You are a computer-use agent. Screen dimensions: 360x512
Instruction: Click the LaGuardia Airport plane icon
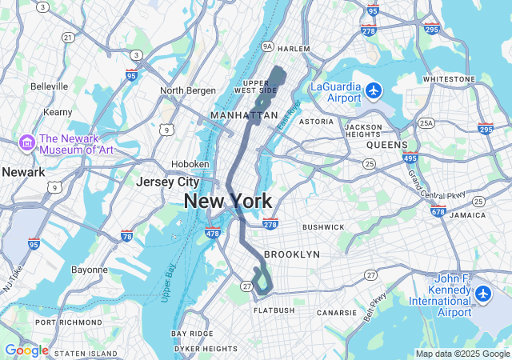coord(374,90)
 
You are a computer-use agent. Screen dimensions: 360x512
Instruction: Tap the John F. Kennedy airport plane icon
coord(482,294)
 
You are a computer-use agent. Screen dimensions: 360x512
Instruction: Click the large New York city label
coord(227,201)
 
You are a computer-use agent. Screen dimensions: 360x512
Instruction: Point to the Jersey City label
coord(167,182)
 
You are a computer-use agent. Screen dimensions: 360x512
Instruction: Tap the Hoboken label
coord(190,164)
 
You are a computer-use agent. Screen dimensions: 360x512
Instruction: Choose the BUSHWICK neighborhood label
coord(323,227)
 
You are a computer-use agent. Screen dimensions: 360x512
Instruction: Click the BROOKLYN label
coord(291,254)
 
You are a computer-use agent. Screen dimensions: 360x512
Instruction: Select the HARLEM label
coord(294,49)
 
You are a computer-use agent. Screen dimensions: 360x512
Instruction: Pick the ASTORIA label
coord(316,122)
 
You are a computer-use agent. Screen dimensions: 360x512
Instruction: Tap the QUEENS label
coord(387,146)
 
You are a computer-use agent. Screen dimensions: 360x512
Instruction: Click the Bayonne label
coord(89,270)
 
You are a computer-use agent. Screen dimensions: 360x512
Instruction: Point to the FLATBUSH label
coord(274,310)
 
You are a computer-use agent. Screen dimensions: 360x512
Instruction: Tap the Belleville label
coord(50,86)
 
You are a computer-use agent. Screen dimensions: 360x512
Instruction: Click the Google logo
coord(26,350)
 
